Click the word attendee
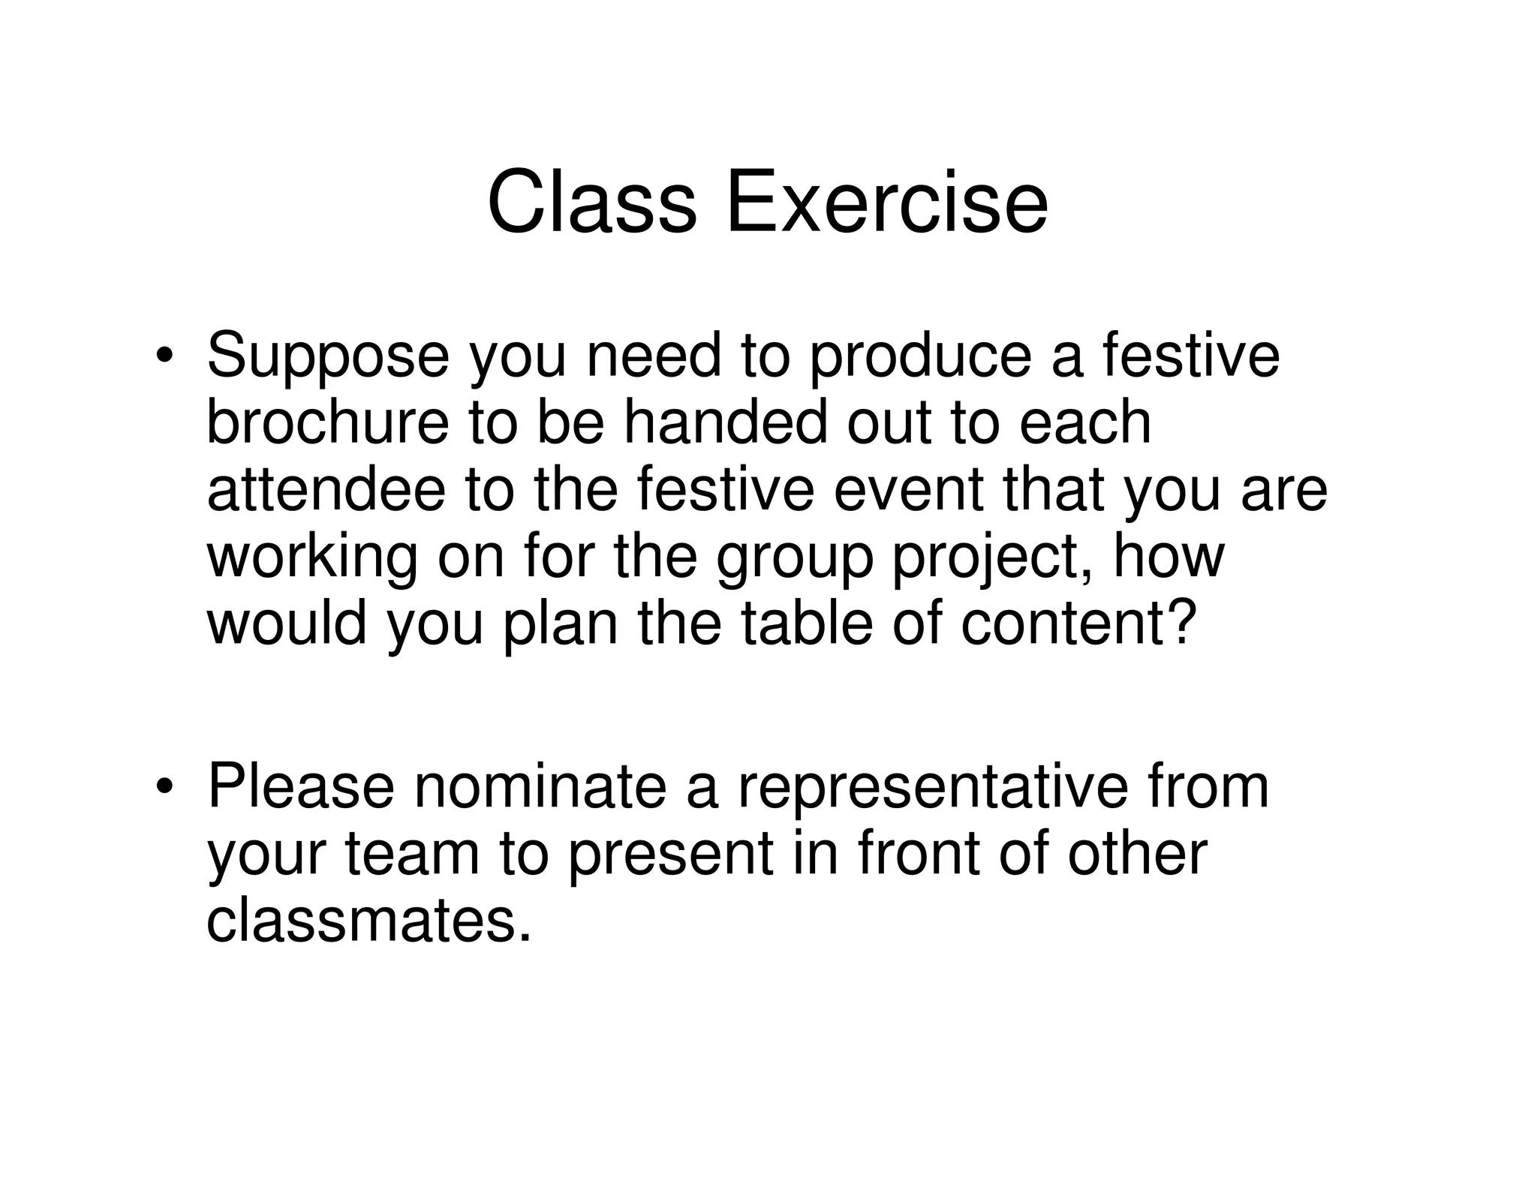(x=326, y=489)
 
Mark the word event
(x=908, y=489)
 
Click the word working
(x=311, y=557)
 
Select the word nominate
(x=540, y=786)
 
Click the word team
(x=412, y=854)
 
